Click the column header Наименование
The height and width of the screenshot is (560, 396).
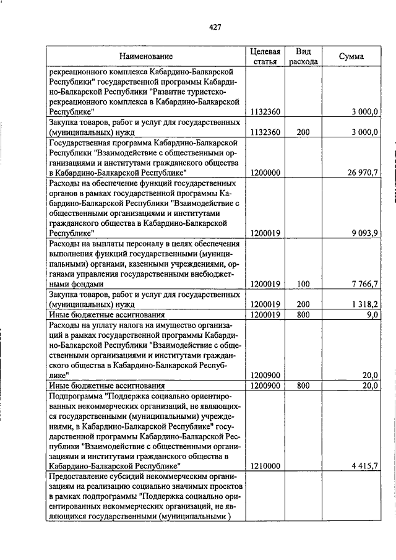pos(147,56)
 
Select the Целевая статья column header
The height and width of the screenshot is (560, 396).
pos(265,56)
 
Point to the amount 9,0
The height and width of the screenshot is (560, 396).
pos(371,314)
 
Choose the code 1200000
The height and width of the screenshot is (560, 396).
pos(265,173)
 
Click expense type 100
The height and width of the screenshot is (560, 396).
pos(303,283)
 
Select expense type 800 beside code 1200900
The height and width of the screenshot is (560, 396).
pos(303,385)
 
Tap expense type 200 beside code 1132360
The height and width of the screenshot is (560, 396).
pos(303,132)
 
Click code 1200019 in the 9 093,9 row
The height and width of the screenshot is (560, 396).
pos(265,233)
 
